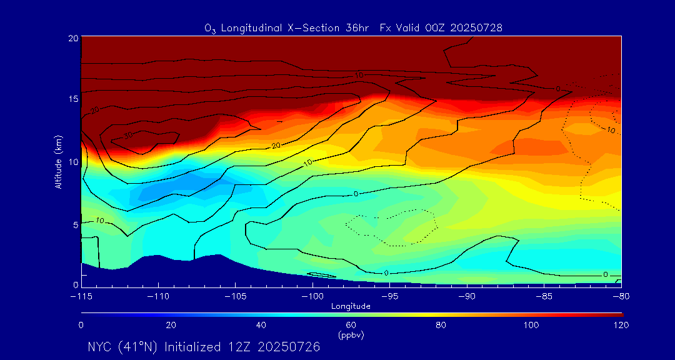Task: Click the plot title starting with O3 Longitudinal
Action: click(353, 28)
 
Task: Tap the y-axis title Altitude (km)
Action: click(58, 161)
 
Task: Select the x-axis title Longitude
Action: click(351, 306)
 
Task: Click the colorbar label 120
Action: click(621, 325)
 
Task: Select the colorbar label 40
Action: click(261, 325)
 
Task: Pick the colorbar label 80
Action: click(441, 325)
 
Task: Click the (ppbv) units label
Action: click(351, 335)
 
